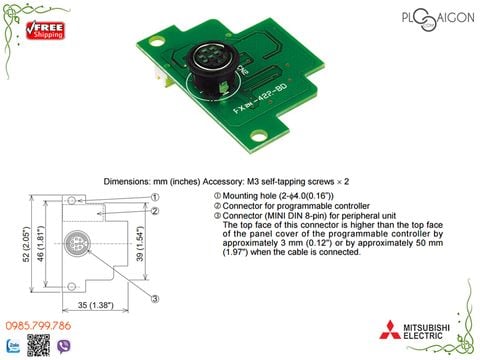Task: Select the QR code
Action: click(x=38, y=346)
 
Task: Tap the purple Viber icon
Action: click(x=66, y=346)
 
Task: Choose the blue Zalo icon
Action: click(x=13, y=346)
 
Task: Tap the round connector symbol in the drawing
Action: click(x=77, y=243)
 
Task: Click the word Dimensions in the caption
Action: click(x=128, y=181)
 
